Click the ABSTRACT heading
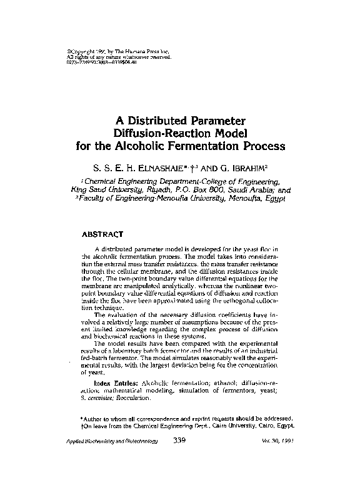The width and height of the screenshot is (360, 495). coord(105,235)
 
